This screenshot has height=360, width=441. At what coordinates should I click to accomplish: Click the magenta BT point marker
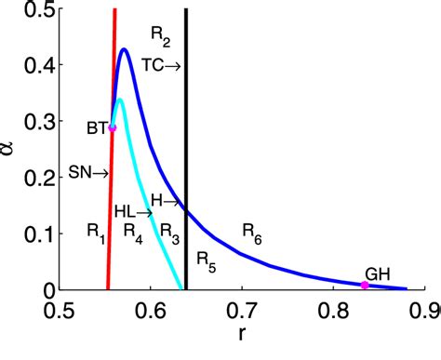[113, 127]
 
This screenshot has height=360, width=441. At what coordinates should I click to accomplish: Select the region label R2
[160, 36]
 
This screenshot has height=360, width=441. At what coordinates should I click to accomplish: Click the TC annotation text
[154, 64]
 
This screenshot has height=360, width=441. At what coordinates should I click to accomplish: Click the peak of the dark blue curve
[124, 49]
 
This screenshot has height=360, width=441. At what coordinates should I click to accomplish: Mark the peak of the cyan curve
[117, 99]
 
